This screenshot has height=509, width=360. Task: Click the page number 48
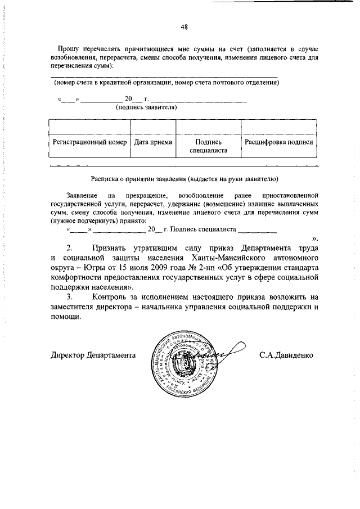click(x=184, y=26)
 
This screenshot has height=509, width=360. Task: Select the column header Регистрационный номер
click(x=89, y=142)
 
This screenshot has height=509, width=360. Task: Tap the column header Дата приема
click(x=153, y=142)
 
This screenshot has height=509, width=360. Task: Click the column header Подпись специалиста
click(x=208, y=146)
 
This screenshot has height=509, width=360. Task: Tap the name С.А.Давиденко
click(x=286, y=355)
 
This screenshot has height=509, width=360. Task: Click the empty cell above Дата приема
click(x=153, y=127)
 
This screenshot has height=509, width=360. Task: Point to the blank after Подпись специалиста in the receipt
click(x=257, y=229)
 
